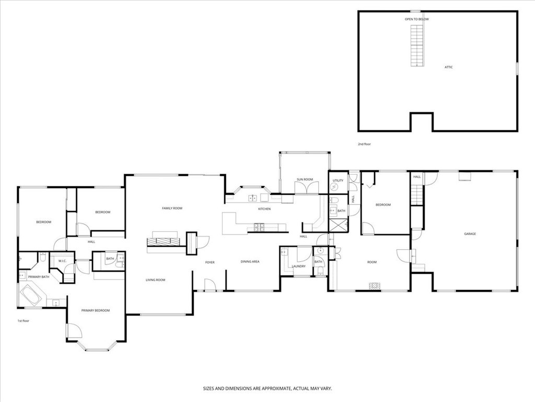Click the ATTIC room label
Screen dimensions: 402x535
pyautogui.click(x=448, y=68)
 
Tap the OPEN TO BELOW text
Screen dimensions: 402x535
pyautogui.click(x=416, y=19)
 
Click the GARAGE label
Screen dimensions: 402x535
pyautogui.click(x=470, y=234)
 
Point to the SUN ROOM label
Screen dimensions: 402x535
pyautogui.click(x=304, y=180)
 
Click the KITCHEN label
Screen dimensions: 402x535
pyautogui.click(x=264, y=209)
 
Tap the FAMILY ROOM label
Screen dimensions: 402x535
pyautogui.click(x=172, y=208)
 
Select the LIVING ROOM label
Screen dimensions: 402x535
pyautogui.click(x=155, y=280)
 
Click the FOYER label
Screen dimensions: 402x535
pyautogui.click(x=210, y=262)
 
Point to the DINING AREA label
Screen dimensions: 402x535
pyautogui.click(x=250, y=262)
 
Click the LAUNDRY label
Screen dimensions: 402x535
pyautogui.click(x=298, y=266)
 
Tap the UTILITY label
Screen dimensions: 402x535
pyautogui.click(x=338, y=181)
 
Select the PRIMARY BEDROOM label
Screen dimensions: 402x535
pyautogui.click(x=96, y=310)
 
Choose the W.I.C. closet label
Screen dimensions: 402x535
pyautogui.click(x=62, y=261)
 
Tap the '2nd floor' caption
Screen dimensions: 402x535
pyautogui.click(x=364, y=144)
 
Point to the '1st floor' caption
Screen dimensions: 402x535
pyautogui.click(x=23, y=320)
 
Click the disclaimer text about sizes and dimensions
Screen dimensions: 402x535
pyautogui.click(x=267, y=388)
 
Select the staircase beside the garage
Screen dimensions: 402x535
pyautogui.click(x=416, y=195)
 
